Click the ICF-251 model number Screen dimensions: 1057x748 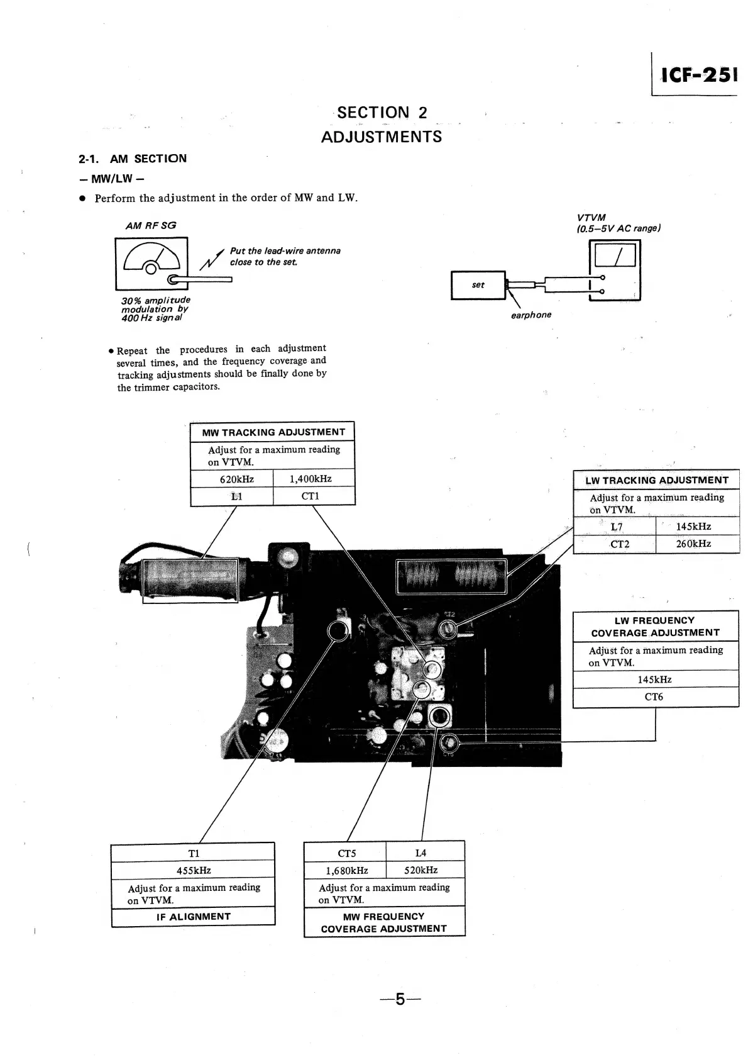point(698,75)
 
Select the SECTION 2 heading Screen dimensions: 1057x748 point(382,113)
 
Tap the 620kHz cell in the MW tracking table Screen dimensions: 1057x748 point(236,479)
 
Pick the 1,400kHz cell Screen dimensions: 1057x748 point(311,479)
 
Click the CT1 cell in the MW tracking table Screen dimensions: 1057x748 point(311,496)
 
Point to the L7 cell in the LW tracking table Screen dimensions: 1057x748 point(616,527)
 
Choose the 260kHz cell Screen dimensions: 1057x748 point(693,544)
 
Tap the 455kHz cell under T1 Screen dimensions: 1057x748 point(194,870)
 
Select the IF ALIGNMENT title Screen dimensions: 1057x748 point(194,917)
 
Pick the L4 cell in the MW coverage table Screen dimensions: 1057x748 point(421,853)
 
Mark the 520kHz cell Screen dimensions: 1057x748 point(421,870)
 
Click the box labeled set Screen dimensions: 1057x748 point(478,285)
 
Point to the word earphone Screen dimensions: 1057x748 point(531,315)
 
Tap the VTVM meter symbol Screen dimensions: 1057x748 point(615,271)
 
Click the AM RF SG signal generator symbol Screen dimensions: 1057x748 point(151,262)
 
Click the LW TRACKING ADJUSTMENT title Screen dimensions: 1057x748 point(656,480)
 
